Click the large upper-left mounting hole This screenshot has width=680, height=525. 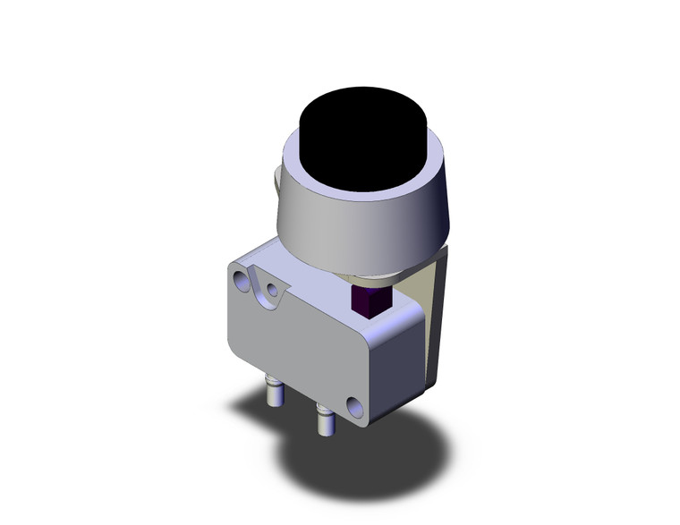(242, 283)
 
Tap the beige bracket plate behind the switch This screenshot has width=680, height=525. (434, 304)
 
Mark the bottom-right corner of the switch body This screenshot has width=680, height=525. (367, 420)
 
